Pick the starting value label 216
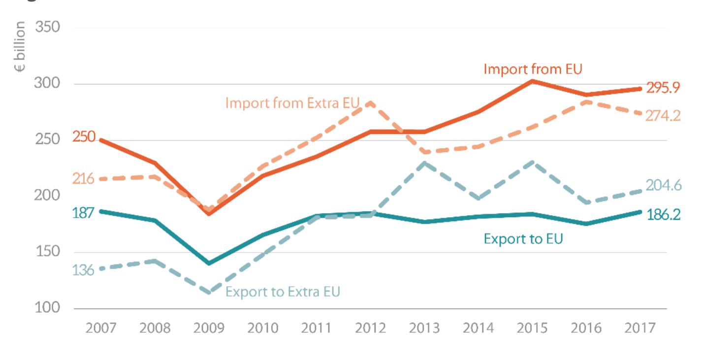pos(83,179)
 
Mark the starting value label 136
pos(83,270)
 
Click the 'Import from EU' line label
pos(533,69)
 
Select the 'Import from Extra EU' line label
pos(293,103)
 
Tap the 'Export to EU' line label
pos(523,239)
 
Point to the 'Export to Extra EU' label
pos(283,292)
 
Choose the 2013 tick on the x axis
pos(424,328)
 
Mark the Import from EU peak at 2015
pos(532,81)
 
